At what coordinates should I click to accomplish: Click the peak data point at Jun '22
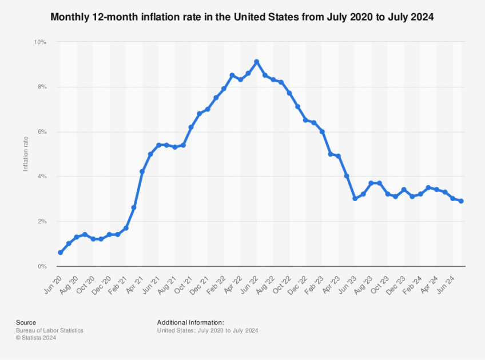(256, 62)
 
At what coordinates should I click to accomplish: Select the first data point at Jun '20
(60, 253)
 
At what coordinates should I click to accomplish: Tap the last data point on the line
(461, 201)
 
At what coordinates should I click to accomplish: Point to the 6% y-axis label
(41, 132)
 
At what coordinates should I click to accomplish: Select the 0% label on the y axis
(41, 266)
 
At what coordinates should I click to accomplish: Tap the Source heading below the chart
(26, 323)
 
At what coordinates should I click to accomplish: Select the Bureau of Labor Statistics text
(50, 330)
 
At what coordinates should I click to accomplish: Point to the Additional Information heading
(190, 323)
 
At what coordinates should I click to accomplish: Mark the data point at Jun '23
(355, 199)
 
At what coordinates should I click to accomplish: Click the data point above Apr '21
(142, 171)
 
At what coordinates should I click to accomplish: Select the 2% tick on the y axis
(41, 221)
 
